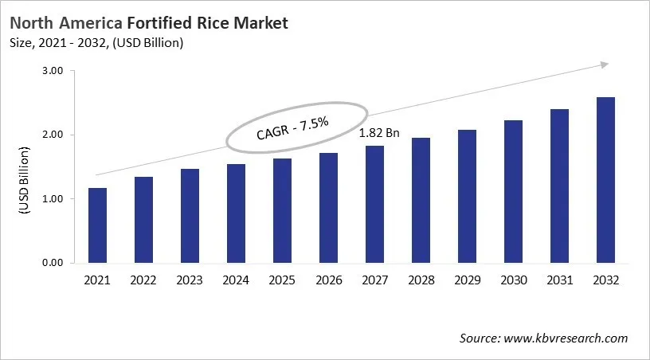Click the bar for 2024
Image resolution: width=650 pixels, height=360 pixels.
(236, 213)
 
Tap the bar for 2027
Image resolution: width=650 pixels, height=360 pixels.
(374, 204)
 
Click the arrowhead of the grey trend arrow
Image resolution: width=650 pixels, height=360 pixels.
(605, 65)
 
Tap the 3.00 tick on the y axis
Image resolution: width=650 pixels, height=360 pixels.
(52, 71)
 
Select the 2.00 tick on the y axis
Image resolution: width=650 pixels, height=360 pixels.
(52, 135)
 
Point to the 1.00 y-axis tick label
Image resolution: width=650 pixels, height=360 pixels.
(52, 198)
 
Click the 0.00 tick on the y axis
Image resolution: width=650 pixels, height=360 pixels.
(52, 263)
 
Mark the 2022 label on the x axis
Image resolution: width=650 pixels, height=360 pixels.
(143, 280)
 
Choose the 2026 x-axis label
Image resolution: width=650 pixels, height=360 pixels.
(328, 280)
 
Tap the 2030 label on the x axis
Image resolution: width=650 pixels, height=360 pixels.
(513, 280)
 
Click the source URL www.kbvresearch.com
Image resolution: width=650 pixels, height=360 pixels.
(566, 338)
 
